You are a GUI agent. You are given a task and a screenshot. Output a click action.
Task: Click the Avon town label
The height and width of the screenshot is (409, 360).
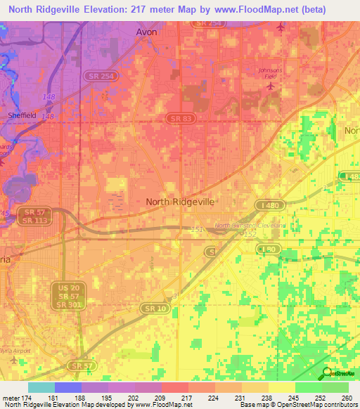coord(147,32)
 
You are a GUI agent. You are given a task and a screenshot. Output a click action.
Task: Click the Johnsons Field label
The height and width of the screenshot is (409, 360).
coord(270,73)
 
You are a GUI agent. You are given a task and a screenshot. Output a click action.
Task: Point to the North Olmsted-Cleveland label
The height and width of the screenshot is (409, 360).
coord(249,226)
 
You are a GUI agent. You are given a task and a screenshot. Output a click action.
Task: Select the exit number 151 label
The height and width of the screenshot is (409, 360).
coord(197,229)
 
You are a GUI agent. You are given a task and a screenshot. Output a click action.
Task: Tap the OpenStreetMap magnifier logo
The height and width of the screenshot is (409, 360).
coord(326,374)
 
